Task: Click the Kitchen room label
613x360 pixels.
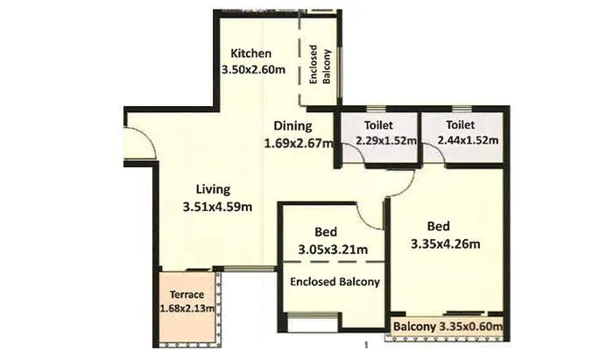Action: (245, 53)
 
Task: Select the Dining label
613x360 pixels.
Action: (292, 126)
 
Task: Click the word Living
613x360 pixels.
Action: (213, 189)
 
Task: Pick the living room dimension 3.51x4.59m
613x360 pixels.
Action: (218, 207)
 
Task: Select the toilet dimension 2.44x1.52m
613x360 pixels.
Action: (462, 140)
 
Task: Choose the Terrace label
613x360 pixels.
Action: (186, 294)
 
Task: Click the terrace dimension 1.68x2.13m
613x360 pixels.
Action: (187, 308)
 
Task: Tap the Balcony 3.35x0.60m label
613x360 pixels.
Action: (447, 327)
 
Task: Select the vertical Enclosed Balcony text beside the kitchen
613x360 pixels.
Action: (321, 65)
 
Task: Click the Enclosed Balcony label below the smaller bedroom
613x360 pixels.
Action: (335, 282)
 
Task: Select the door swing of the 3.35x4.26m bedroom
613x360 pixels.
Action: (401, 181)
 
